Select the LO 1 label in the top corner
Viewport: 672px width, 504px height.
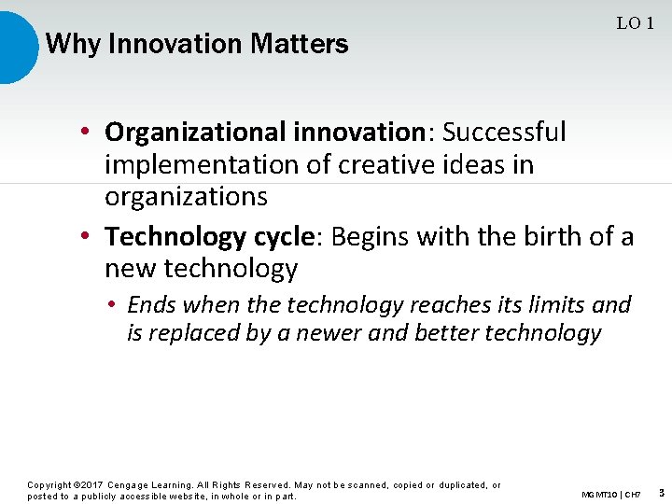pos(635,23)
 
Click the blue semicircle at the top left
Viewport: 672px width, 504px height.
pos(16,45)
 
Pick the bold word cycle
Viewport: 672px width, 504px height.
pos(279,237)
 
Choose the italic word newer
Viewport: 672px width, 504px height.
pos(329,333)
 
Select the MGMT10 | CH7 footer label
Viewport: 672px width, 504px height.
pos(610,494)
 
